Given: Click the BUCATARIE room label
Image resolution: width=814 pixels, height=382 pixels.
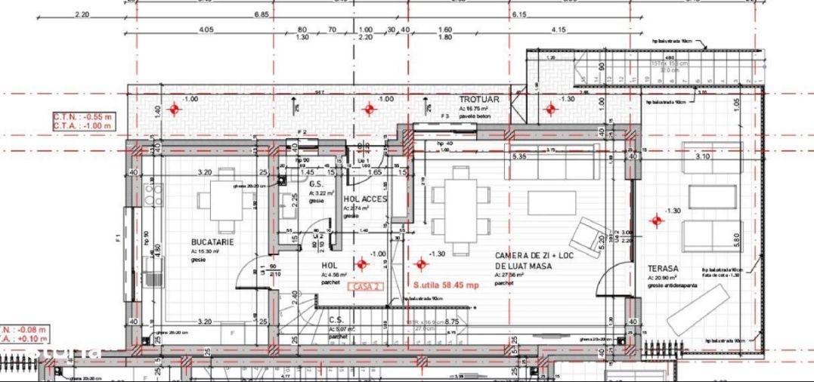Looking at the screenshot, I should coord(212,242).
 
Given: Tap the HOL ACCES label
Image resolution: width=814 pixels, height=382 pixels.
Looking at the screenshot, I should coord(365,199).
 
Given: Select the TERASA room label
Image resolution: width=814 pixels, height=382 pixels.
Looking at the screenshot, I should coord(662,268).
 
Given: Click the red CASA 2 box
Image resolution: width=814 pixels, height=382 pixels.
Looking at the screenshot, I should coord(365,287).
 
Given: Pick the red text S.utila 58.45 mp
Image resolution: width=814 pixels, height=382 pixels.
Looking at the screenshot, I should coord(447,285).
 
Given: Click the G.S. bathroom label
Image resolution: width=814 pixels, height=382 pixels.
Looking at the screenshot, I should coord(315,184).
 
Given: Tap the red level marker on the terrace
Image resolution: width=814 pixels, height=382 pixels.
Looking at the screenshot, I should coord(656,220).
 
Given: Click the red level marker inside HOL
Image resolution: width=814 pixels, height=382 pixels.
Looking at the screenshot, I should coord(361,264).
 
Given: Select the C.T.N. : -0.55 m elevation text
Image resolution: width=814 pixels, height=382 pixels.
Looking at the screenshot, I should coord(82,117).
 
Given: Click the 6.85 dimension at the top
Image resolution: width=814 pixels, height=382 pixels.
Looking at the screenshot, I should coord(262,14).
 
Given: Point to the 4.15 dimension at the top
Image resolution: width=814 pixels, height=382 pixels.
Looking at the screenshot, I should coord(559,29).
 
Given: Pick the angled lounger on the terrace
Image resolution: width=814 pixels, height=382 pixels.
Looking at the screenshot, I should coord(698,310).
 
